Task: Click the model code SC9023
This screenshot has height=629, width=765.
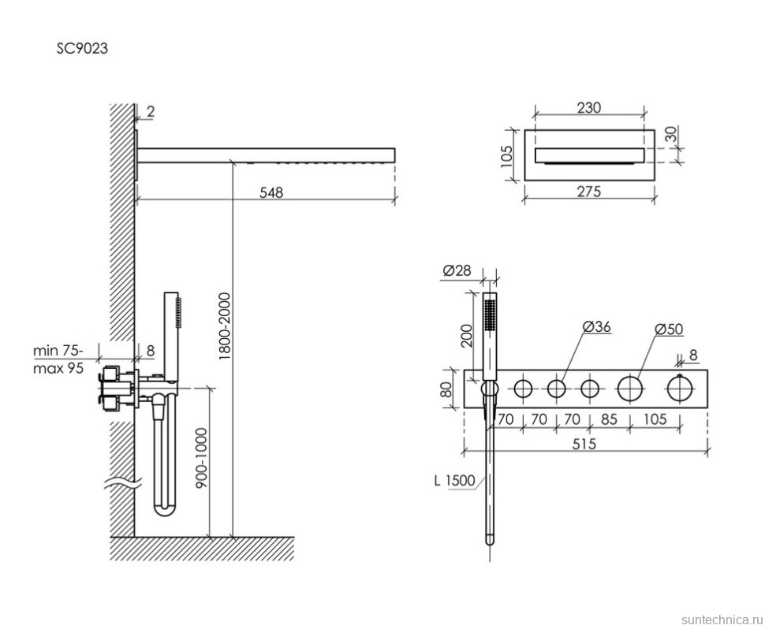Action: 81,48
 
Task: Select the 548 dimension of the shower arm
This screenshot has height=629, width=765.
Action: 269,192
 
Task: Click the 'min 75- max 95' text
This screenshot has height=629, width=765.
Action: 58,359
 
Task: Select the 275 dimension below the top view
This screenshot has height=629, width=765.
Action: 588,192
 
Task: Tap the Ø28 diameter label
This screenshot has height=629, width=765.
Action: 457,270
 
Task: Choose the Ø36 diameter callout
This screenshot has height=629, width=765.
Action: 597,326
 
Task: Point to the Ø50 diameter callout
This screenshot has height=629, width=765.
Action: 670,329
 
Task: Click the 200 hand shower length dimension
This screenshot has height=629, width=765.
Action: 466,335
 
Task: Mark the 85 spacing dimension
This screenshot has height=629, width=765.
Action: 609,419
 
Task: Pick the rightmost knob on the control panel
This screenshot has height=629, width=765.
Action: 680,388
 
